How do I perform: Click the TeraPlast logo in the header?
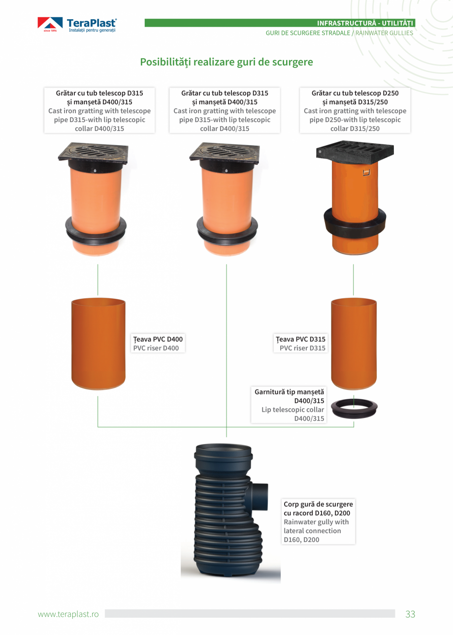click(x=77, y=25)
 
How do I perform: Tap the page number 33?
click(x=410, y=614)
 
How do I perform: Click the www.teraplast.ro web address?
click(x=68, y=614)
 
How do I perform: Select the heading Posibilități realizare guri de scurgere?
click(x=226, y=62)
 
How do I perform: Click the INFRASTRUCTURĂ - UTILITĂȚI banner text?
click(x=365, y=23)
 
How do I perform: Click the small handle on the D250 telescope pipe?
click(x=367, y=172)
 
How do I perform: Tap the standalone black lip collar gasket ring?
click(x=354, y=409)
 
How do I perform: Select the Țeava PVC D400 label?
click(x=158, y=343)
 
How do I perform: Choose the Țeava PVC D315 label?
click(x=300, y=343)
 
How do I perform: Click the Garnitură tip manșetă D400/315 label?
click(x=289, y=405)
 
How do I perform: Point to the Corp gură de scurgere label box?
click(x=318, y=522)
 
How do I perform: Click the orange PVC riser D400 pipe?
click(x=98, y=344)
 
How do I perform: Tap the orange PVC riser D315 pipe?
click(x=354, y=344)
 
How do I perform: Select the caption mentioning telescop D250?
click(x=355, y=110)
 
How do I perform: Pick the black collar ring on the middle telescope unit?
click(x=227, y=229)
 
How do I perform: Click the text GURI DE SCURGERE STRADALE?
click(x=308, y=33)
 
